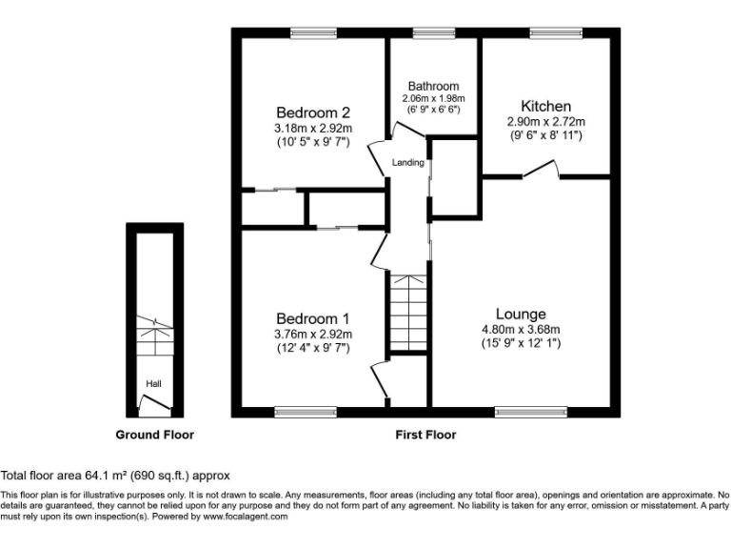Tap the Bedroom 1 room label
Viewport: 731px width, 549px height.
(x=313, y=318)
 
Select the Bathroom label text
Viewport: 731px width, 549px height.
(x=433, y=86)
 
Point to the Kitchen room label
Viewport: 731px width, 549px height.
(x=545, y=106)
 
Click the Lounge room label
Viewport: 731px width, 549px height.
(x=521, y=314)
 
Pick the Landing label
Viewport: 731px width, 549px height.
(x=408, y=163)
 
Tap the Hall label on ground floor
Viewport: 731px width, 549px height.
(x=153, y=384)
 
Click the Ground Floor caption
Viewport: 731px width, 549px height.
(x=154, y=435)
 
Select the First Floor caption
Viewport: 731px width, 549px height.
(x=425, y=435)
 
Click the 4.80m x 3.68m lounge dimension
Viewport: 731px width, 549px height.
(x=521, y=330)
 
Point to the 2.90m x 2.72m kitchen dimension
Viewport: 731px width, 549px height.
(x=545, y=122)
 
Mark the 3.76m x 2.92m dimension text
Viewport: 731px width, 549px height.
(x=313, y=334)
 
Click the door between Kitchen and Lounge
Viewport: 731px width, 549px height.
(x=541, y=171)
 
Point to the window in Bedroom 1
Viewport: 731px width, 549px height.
(x=300, y=412)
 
